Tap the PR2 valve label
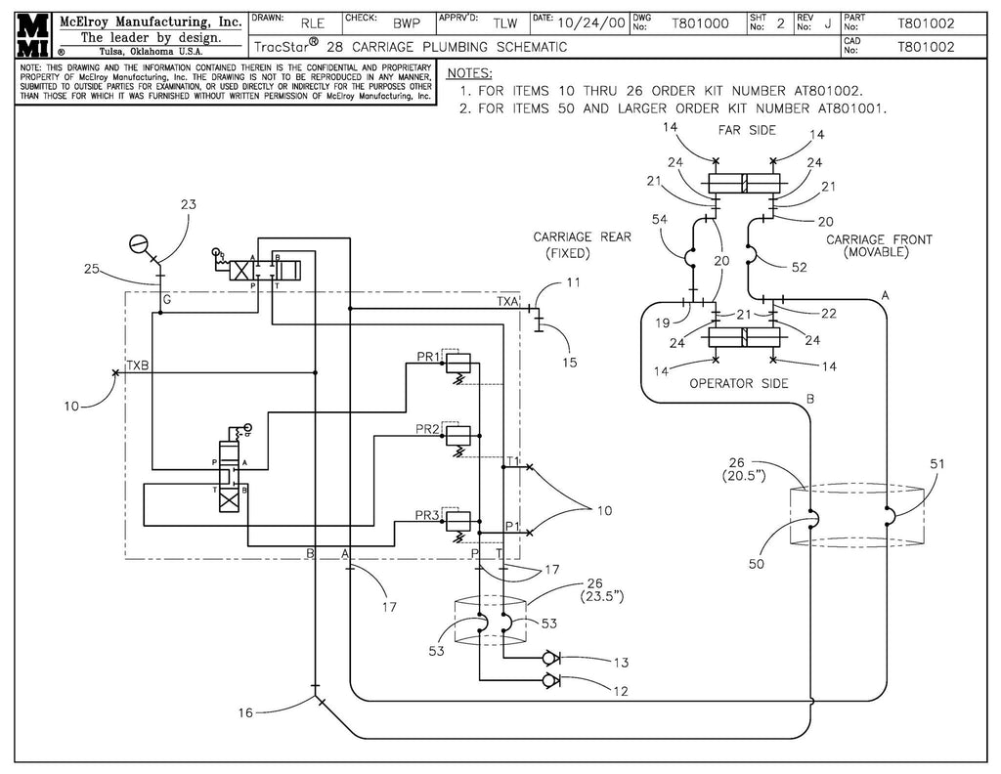[426, 428]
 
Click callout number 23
[189, 205]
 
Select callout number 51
[936, 465]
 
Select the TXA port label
[507, 303]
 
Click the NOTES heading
[469, 73]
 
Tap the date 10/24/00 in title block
[590, 23]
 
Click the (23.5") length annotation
[603, 595]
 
